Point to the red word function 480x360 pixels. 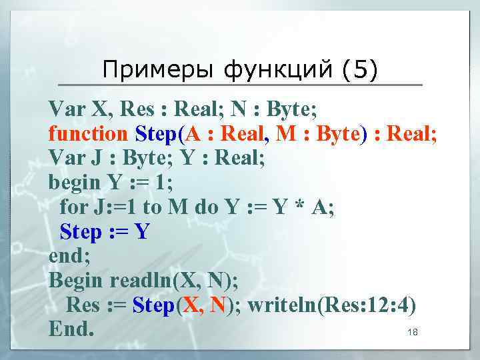click(87, 134)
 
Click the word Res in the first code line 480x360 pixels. click(137, 109)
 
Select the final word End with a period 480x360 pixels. click(71, 330)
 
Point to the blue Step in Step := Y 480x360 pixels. click(81, 232)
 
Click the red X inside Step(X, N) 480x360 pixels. click(190, 305)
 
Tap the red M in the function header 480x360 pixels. click(286, 134)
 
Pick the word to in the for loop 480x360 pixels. click(152, 207)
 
